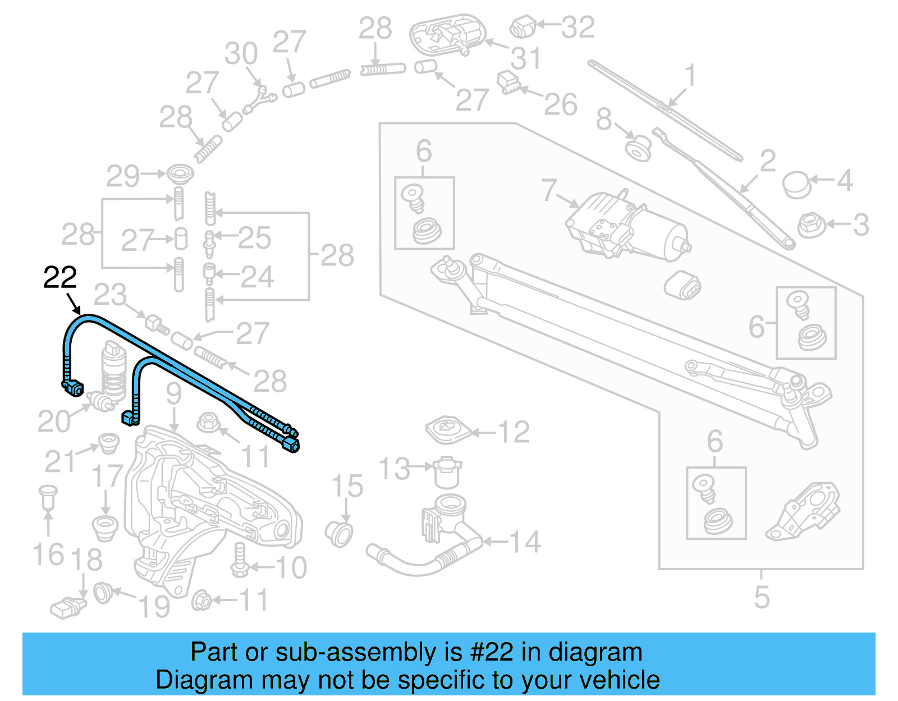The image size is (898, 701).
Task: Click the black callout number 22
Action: [60, 278]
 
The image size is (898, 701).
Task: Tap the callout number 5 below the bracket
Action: [762, 597]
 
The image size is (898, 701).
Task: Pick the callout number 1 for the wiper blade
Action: [691, 75]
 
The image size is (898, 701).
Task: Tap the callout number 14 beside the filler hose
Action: [525, 542]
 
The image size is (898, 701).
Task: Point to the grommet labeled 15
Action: [340, 533]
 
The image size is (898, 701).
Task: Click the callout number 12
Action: [514, 432]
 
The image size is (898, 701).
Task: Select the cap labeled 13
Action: [447, 473]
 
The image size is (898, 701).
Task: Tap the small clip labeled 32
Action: [523, 26]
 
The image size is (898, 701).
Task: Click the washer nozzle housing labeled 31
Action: [447, 34]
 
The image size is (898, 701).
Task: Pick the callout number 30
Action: [241, 53]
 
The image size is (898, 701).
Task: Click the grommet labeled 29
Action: [180, 173]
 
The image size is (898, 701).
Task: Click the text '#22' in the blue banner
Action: [491, 652]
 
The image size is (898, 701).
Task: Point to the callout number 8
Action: [604, 119]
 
